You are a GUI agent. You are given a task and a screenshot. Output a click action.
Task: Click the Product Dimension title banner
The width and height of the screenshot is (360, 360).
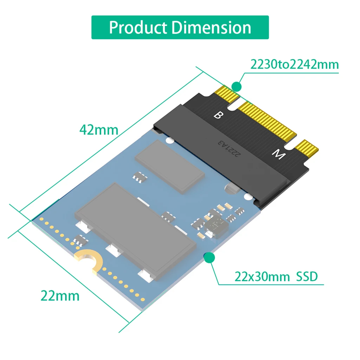coord(180,27)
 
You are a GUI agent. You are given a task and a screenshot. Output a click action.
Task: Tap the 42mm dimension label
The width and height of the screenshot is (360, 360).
coord(99,130)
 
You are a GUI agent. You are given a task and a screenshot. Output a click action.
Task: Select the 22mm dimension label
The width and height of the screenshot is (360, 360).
coord(60,296)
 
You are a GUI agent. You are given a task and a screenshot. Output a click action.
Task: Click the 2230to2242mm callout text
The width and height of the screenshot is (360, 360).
coord(294,65)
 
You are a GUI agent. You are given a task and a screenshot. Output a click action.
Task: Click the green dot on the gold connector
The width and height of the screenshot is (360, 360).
coord(237,86)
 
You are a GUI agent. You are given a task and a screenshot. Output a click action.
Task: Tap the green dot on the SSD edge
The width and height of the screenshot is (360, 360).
coord(209,257)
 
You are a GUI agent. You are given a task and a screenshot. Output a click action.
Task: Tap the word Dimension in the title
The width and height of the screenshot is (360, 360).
coord(211,27)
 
